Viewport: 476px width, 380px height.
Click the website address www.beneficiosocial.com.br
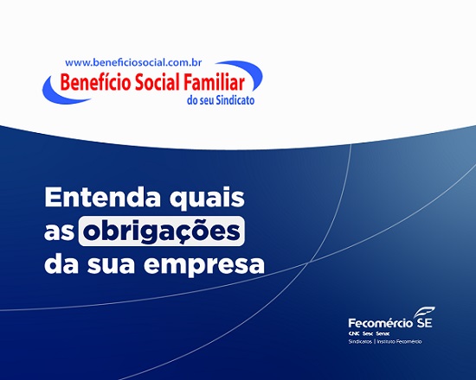(133, 63)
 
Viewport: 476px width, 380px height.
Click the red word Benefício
(95, 82)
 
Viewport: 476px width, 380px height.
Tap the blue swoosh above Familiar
(243, 71)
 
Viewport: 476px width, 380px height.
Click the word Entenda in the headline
(103, 197)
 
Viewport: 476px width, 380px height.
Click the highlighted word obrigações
(162, 231)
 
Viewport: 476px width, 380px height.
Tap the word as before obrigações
(59, 232)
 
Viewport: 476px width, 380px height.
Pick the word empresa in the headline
(204, 266)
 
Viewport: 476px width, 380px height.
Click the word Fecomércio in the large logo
(381, 323)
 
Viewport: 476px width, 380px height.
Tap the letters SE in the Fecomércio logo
(424, 322)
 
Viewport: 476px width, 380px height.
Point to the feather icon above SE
(424, 312)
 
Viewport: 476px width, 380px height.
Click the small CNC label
(354, 333)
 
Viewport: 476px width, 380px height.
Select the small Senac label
(383, 333)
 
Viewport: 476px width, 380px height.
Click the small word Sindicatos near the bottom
(360, 341)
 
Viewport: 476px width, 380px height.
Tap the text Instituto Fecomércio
(399, 341)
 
